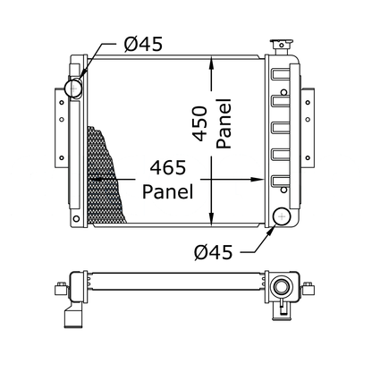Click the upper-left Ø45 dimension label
pos(143,45)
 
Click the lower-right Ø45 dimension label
pos(213,252)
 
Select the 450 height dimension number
pos(199,123)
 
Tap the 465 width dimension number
pos(168,167)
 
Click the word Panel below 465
pos(168,191)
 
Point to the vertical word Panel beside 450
pos(224,123)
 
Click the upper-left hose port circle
pos(73,88)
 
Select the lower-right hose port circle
pos(282,216)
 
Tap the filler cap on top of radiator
pos(281,46)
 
